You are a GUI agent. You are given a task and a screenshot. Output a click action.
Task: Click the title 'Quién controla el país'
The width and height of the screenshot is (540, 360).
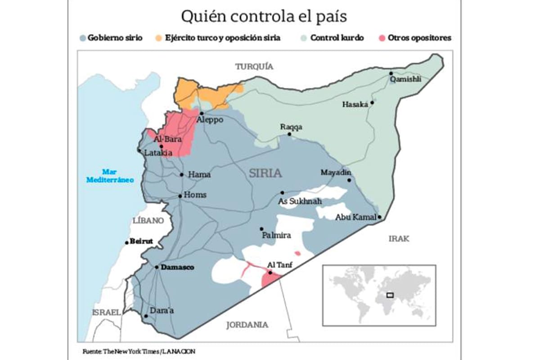point(264,17)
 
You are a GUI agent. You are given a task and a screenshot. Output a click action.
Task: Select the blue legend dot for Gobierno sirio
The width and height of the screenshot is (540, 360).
point(83,38)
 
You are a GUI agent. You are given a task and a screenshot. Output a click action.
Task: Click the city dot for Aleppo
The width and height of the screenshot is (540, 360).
point(202,113)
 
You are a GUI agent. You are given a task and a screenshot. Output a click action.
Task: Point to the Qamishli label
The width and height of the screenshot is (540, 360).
point(406,79)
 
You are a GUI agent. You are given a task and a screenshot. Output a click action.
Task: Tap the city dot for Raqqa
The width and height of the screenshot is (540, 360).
point(290,134)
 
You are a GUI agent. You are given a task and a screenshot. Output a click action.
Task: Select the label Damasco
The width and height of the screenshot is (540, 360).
point(177,267)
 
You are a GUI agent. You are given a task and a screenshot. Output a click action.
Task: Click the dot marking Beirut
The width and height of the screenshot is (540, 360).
point(126,243)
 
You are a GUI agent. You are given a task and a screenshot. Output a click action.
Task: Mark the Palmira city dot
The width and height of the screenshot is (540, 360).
point(261,229)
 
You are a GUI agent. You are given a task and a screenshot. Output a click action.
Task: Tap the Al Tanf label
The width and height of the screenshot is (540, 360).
point(280,265)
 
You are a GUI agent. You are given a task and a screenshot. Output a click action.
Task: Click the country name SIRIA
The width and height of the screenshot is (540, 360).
point(265,173)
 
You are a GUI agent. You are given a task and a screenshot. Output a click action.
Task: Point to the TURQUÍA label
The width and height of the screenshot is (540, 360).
point(254,67)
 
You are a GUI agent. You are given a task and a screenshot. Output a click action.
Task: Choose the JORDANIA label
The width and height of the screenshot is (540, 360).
point(247,324)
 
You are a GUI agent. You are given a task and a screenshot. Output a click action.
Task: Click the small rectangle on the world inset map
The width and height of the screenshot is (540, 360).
point(390,295)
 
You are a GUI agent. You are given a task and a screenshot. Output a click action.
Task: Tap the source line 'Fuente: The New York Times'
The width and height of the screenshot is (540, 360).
point(139,351)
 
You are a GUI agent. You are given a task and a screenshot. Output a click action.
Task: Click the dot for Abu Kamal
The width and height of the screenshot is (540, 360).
point(380,217)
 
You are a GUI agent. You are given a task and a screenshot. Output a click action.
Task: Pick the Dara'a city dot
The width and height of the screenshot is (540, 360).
point(145,316)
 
